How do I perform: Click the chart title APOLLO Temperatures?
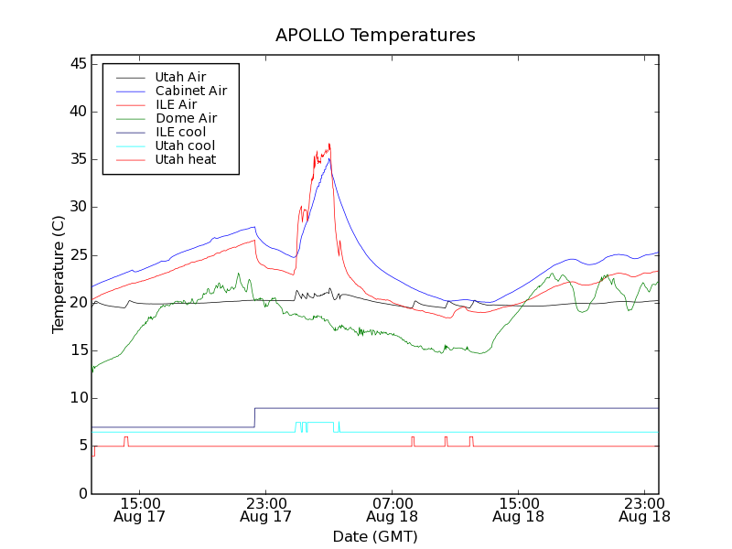point(375,36)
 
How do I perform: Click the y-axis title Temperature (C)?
point(59,274)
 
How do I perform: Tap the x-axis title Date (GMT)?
point(375,536)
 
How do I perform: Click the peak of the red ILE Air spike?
point(329,144)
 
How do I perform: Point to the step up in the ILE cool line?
point(254,417)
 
